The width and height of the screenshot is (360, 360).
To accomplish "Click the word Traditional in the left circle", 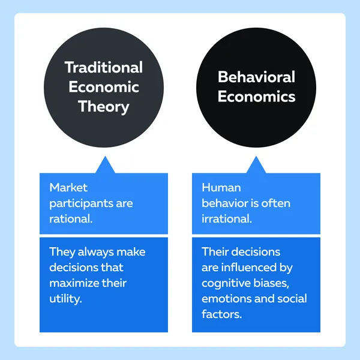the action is click(x=104, y=67).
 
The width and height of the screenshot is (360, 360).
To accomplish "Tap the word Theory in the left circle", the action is click(x=104, y=107).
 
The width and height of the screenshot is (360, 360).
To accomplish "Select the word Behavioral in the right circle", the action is click(x=256, y=77).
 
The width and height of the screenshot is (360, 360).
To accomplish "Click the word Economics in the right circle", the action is click(x=256, y=96).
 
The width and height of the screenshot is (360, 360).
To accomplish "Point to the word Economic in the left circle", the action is click(x=104, y=87).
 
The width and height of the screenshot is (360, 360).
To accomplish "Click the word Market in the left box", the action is click(x=68, y=188).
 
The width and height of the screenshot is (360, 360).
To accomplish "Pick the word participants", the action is click(x=81, y=204).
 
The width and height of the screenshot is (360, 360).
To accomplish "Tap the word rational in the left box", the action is click(x=71, y=219).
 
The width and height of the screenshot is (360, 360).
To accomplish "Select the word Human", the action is click(x=221, y=188).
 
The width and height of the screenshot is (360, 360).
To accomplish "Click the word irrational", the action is click(x=227, y=219).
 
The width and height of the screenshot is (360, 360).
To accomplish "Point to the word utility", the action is click(x=65, y=299).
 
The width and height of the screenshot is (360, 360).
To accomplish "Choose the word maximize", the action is click(x=74, y=283).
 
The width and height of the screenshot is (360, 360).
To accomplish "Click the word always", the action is click(x=95, y=253).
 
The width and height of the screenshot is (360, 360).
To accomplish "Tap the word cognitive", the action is click(x=226, y=284).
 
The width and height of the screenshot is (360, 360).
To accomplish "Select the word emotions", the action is click(x=226, y=299).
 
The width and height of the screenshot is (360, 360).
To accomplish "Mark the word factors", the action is click(x=222, y=314).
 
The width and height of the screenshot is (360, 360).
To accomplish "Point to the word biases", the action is click(x=271, y=283).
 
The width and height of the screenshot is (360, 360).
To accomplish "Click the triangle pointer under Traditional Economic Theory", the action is click(x=105, y=165).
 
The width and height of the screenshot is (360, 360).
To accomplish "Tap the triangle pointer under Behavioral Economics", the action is click(x=256, y=165).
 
